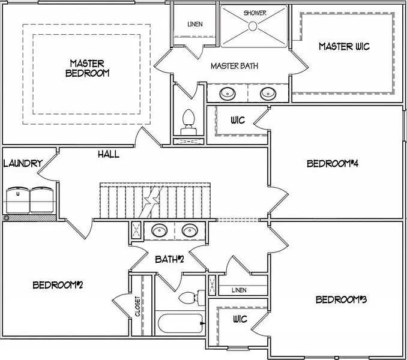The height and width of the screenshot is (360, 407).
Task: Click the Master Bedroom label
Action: click(87, 68)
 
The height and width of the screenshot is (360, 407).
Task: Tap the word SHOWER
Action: click(255, 13)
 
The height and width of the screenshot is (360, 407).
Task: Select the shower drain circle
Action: click(253, 26)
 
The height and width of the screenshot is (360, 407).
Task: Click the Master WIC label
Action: click(345, 46)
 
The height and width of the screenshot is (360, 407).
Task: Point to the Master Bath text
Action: click(234, 66)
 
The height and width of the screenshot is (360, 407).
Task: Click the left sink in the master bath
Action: click(228, 93)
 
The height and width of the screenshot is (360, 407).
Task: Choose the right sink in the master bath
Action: click(267, 93)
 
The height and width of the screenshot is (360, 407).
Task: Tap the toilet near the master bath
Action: click(188, 119)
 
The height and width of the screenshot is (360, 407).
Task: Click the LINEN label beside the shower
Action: click(194, 25)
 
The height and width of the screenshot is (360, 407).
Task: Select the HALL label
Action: click(109, 154)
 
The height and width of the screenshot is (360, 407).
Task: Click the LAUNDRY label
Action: click(22, 163)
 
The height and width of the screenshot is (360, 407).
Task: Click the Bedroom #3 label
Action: click(341, 299)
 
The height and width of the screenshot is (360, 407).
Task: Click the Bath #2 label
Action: click(169, 259)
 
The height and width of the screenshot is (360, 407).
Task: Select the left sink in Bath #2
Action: click(160, 230)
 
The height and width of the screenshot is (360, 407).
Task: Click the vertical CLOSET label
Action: click(137, 307)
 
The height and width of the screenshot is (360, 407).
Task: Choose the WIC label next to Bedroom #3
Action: click(240, 319)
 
